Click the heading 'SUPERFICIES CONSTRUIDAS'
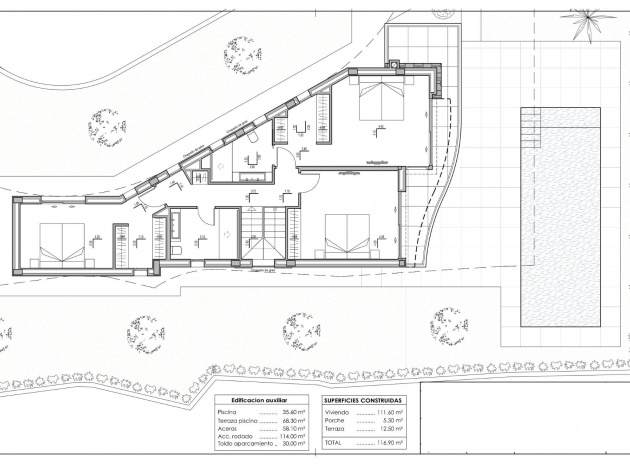(x=361, y=399)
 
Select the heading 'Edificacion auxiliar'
(x=258, y=399)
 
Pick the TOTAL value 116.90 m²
(x=388, y=442)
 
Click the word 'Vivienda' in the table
(x=336, y=412)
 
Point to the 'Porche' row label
(x=334, y=420)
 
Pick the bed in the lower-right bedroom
(x=346, y=235)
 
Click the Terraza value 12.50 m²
(x=388, y=427)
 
